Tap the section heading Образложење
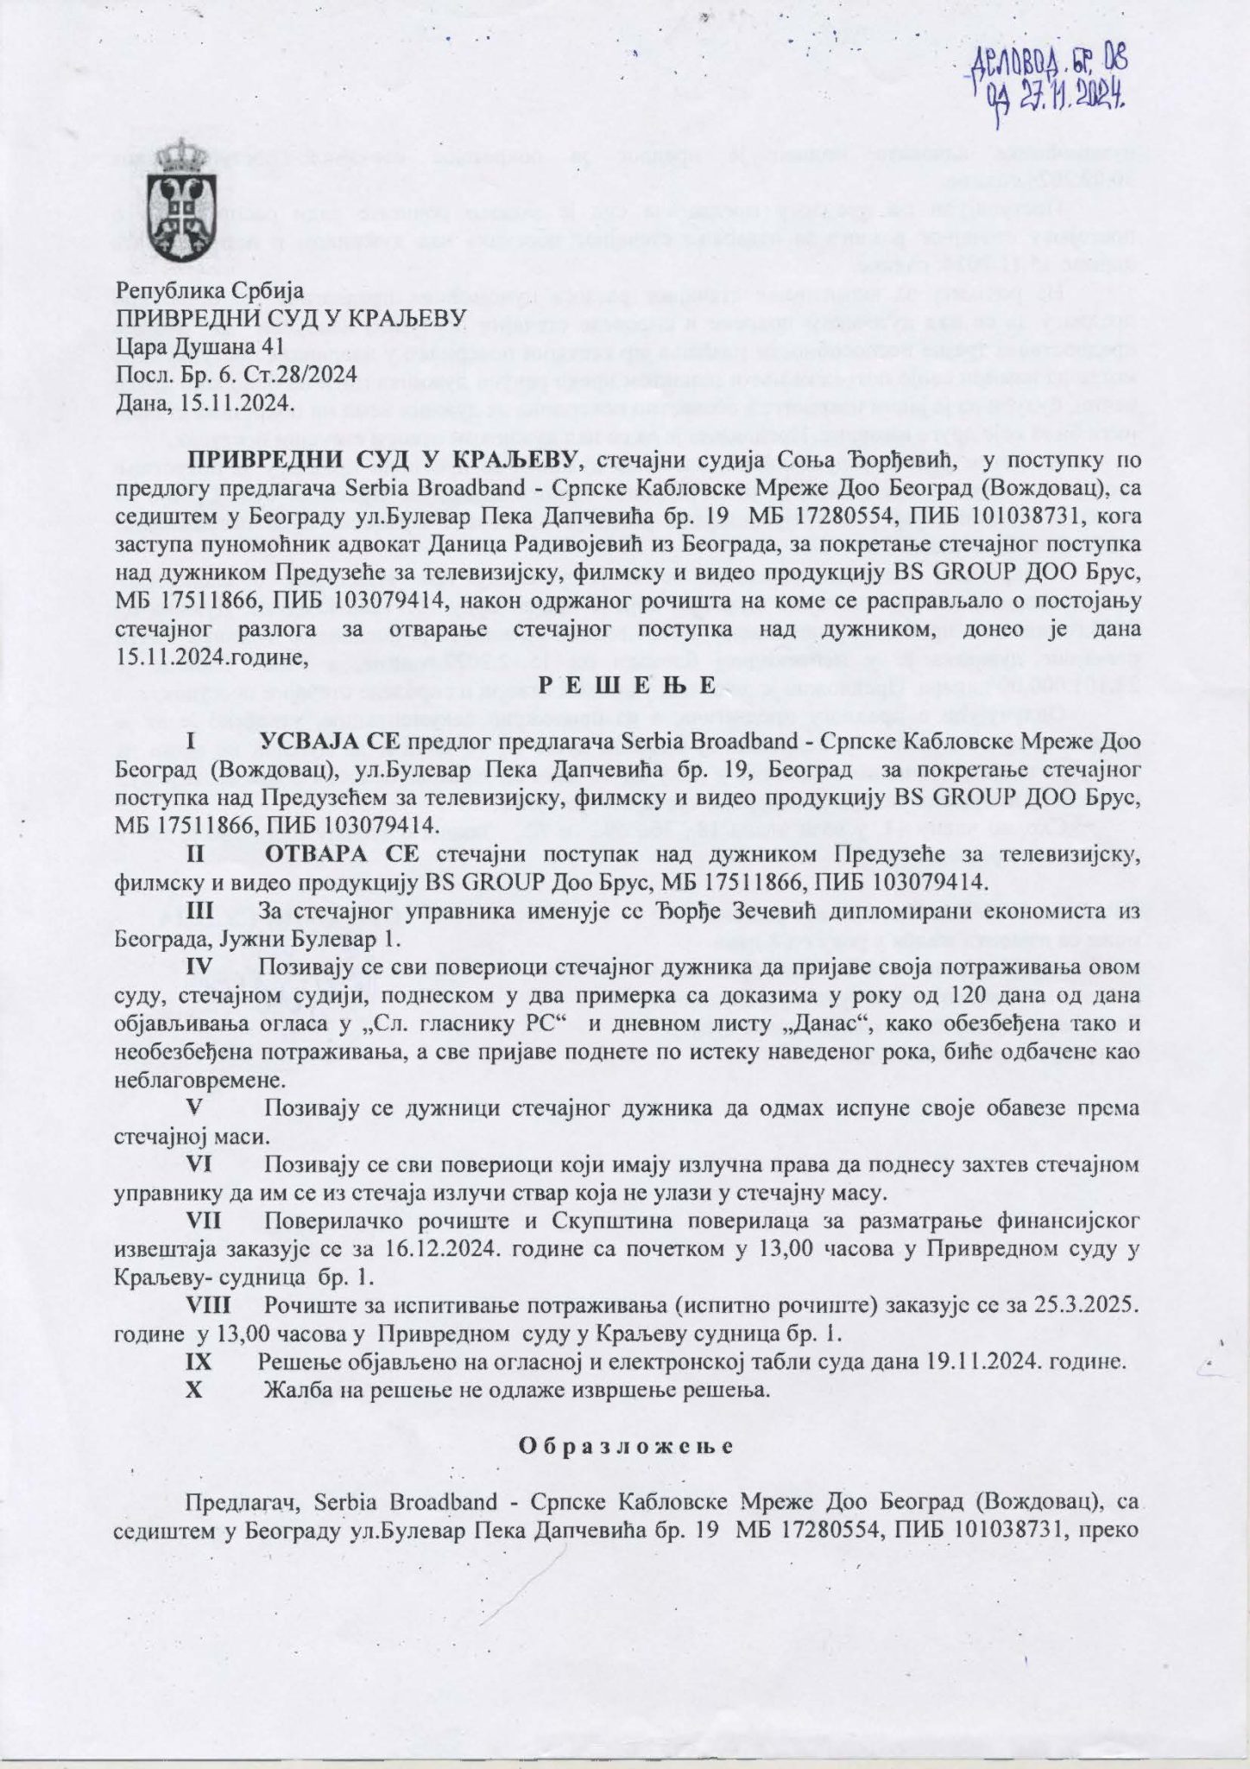click(x=625, y=1446)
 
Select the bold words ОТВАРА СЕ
click(x=342, y=856)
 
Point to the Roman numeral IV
click(x=201, y=967)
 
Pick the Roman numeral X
click(x=194, y=1392)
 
